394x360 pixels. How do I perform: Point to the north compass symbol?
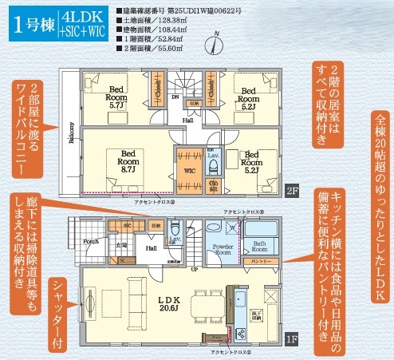(x=218, y=39)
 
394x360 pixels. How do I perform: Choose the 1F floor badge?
(x=293, y=339)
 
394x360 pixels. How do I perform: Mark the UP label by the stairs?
(x=195, y=270)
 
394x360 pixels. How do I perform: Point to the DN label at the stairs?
(x=178, y=96)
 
